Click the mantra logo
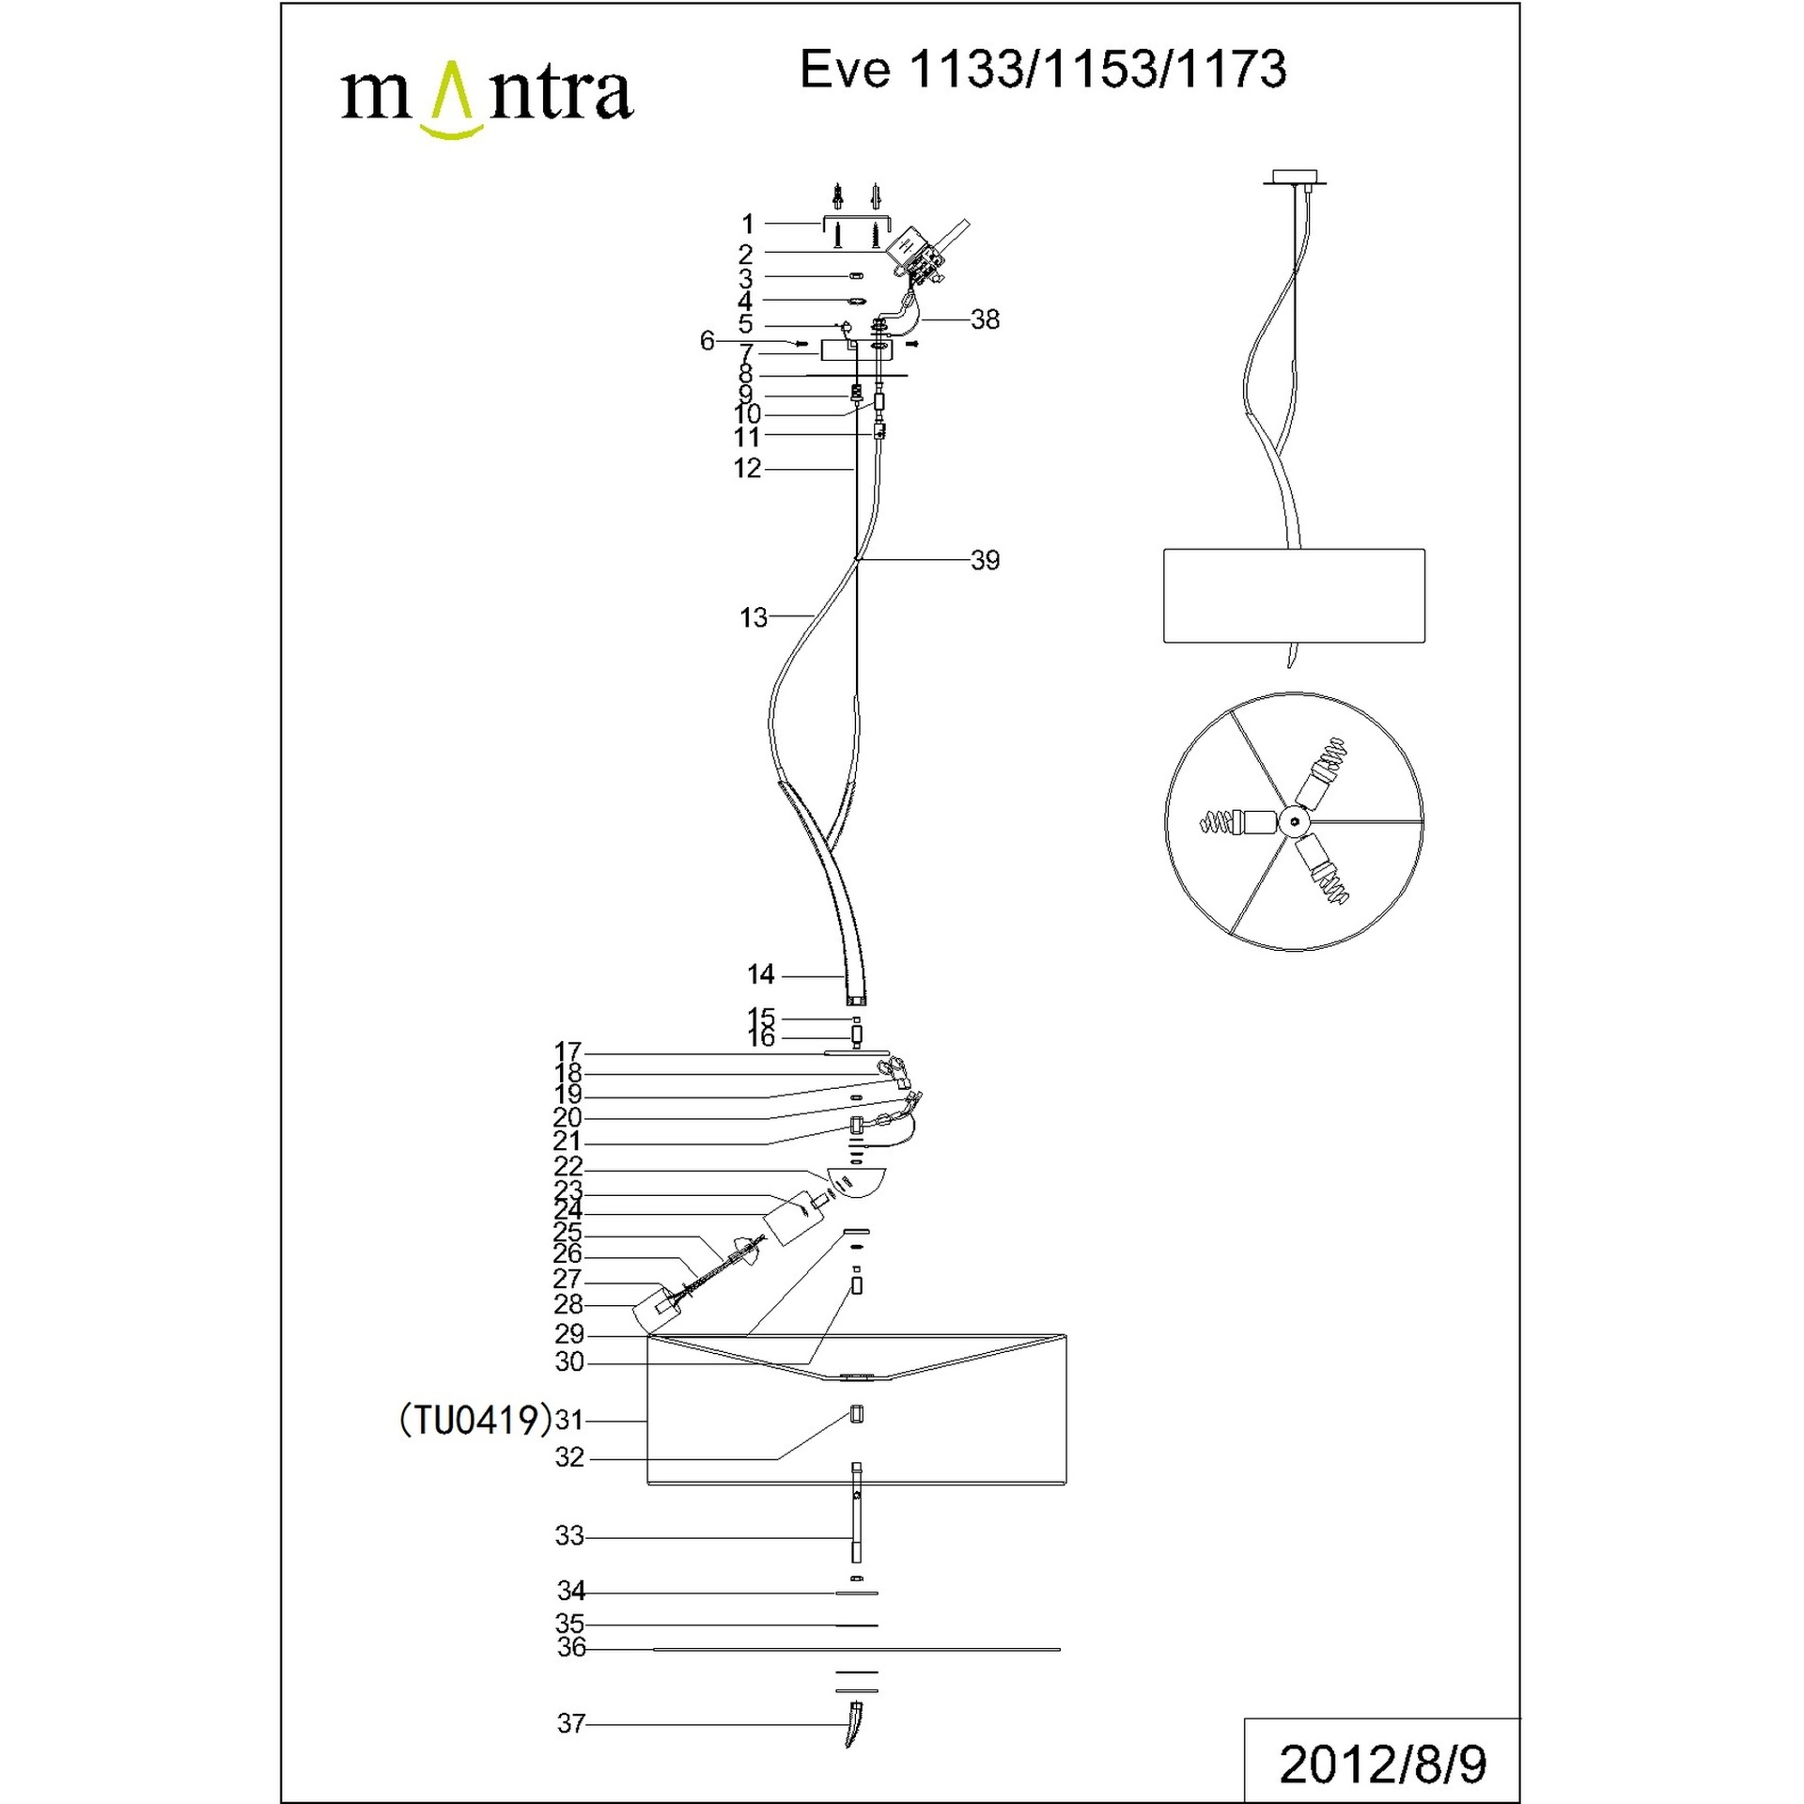487,99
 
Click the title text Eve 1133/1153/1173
1043,70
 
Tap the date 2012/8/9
1383,1765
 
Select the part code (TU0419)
475,1421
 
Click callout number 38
985,319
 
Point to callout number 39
985,560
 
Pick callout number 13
754,617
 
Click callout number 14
761,974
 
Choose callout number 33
570,1535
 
